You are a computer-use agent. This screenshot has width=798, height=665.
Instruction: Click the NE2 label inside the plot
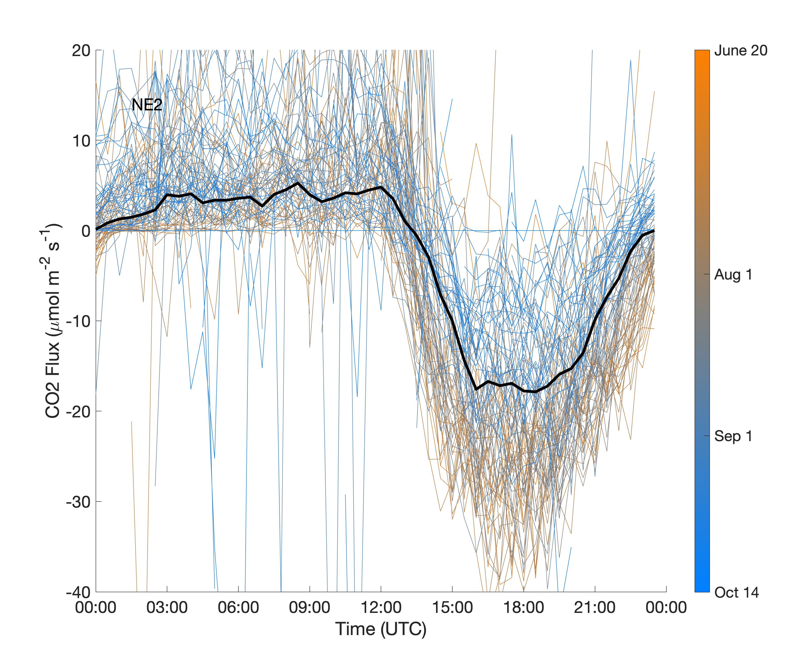pos(147,105)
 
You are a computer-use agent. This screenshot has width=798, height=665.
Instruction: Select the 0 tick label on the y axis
pos(86,231)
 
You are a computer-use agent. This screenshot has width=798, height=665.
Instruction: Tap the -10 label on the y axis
pos(78,321)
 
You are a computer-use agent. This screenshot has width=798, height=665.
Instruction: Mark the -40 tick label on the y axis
pos(78,592)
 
